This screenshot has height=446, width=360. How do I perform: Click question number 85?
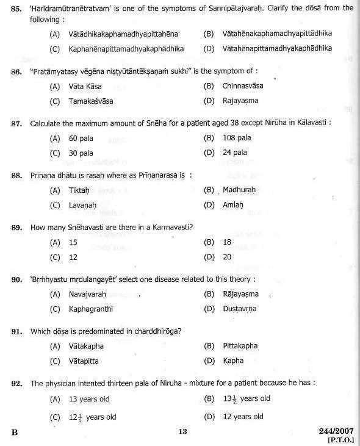(17, 8)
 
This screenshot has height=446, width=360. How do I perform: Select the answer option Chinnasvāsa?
(242, 86)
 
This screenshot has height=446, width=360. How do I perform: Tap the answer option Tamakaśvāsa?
(91, 101)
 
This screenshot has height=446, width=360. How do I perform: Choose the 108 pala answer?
(237, 138)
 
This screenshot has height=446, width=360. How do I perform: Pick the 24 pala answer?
(235, 153)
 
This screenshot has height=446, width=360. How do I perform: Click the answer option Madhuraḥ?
(239, 190)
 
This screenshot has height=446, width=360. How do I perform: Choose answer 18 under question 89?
(227, 242)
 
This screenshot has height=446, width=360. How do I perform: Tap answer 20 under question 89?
(227, 257)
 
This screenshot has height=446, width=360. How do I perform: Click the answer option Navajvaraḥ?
(88, 294)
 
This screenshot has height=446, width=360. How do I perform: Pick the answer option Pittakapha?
(240, 346)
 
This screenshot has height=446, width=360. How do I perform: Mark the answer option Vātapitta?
(84, 361)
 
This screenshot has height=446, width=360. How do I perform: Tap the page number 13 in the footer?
(182, 432)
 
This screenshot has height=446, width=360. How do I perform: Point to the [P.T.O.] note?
(340, 439)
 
